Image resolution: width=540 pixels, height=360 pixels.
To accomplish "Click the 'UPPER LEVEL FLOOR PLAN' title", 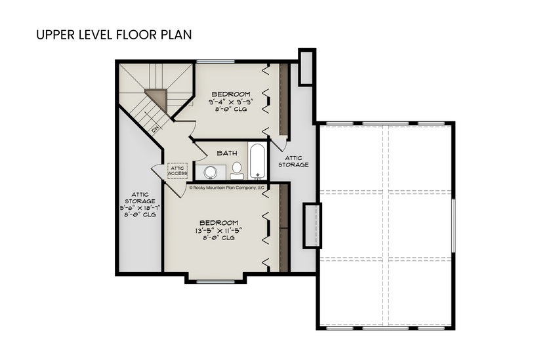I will click(114, 34).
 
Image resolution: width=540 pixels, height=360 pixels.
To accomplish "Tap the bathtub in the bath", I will click(257, 161).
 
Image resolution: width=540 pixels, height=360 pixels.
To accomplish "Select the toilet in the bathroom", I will click(236, 171).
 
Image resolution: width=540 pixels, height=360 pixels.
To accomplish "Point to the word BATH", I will click(227, 153).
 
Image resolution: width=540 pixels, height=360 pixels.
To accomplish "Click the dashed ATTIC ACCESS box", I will click(178, 170).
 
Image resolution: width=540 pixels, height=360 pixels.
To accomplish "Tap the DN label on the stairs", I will click(156, 129).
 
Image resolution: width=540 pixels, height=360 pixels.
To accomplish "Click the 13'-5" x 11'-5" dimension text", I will click(218, 230).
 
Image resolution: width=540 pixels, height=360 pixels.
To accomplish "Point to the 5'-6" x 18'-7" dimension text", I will click(140, 208).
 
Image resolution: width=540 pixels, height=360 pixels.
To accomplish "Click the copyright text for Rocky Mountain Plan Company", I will click(226, 187).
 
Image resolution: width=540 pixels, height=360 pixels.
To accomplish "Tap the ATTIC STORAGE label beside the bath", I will click(293, 161).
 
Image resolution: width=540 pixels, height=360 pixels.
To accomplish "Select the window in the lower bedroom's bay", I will click(215, 281).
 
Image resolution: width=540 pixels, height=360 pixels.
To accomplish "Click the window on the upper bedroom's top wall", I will click(215, 62).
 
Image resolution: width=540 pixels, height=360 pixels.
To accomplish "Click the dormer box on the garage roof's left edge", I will click(312, 225).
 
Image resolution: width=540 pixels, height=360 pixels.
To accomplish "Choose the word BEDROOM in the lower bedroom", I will click(218, 222).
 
